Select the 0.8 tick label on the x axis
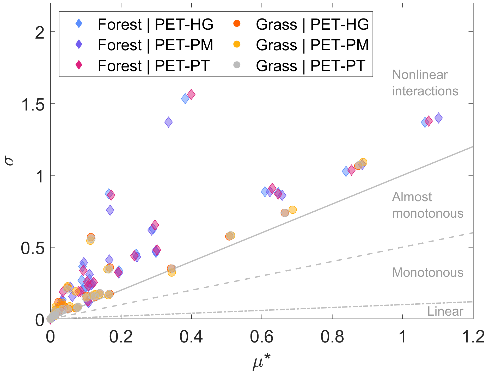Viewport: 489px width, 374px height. (x=332, y=337)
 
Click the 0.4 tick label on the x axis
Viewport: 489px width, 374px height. (x=191, y=337)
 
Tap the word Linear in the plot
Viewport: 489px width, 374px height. (x=445, y=311)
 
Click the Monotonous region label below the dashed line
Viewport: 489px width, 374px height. (x=427, y=273)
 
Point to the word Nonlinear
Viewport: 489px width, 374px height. (x=420, y=75)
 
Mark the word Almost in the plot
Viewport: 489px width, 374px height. (x=412, y=197)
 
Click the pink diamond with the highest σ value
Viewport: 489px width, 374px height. (x=191, y=94)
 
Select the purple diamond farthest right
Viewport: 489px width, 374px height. (x=438, y=118)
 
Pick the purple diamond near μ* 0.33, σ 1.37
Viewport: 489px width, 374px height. (x=168, y=122)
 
